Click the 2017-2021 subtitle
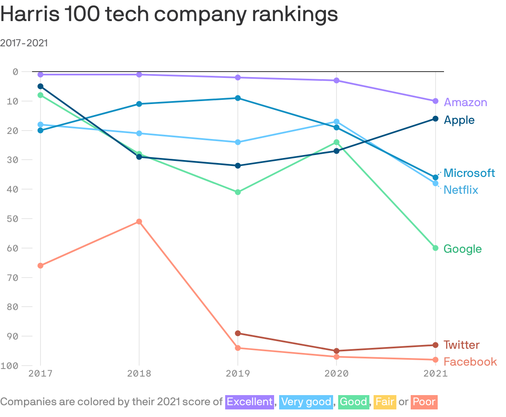pyautogui.click(x=24, y=43)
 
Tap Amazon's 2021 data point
pyautogui.click(x=435, y=101)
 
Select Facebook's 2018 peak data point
pyautogui.click(x=139, y=222)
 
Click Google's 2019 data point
pyautogui.click(x=238, y=192)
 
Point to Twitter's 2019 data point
pyautogui.click(x=238, y=333)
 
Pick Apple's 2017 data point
pyautogui.click(x=40, y=86)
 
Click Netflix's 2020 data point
pyautogui.click(x=336, y=122)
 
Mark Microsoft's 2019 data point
pyautogui.click(x=238, y=98)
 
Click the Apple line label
pyautogui.click(x=459, y=120)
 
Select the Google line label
pyautogui.click(x=463, y=249)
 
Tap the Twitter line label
pyautogui.click(x=461, y=345)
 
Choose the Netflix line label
pyautogui.click(x=461, y=190)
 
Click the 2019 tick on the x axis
pyautogui.click(x=238, y=374)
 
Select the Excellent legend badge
pyautogui.click(x=250, y=402)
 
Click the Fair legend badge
pyautogui.click(x=385, y=402)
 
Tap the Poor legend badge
pyautogui.click(x=424, y=402)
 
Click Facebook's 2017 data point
pyautogui.click(x=40, y=266)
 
